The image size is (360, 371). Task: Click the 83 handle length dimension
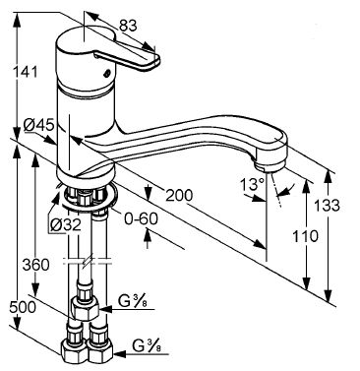128,26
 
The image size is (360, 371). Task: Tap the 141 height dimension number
25,72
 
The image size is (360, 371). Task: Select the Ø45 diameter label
38,125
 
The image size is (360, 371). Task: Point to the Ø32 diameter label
65,225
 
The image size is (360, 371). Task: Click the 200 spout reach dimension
179,196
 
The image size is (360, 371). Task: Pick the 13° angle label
253,184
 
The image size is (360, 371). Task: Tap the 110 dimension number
305,236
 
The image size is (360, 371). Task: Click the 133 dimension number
327,206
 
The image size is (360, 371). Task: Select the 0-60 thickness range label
141,218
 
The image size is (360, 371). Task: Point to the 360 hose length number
36,265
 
